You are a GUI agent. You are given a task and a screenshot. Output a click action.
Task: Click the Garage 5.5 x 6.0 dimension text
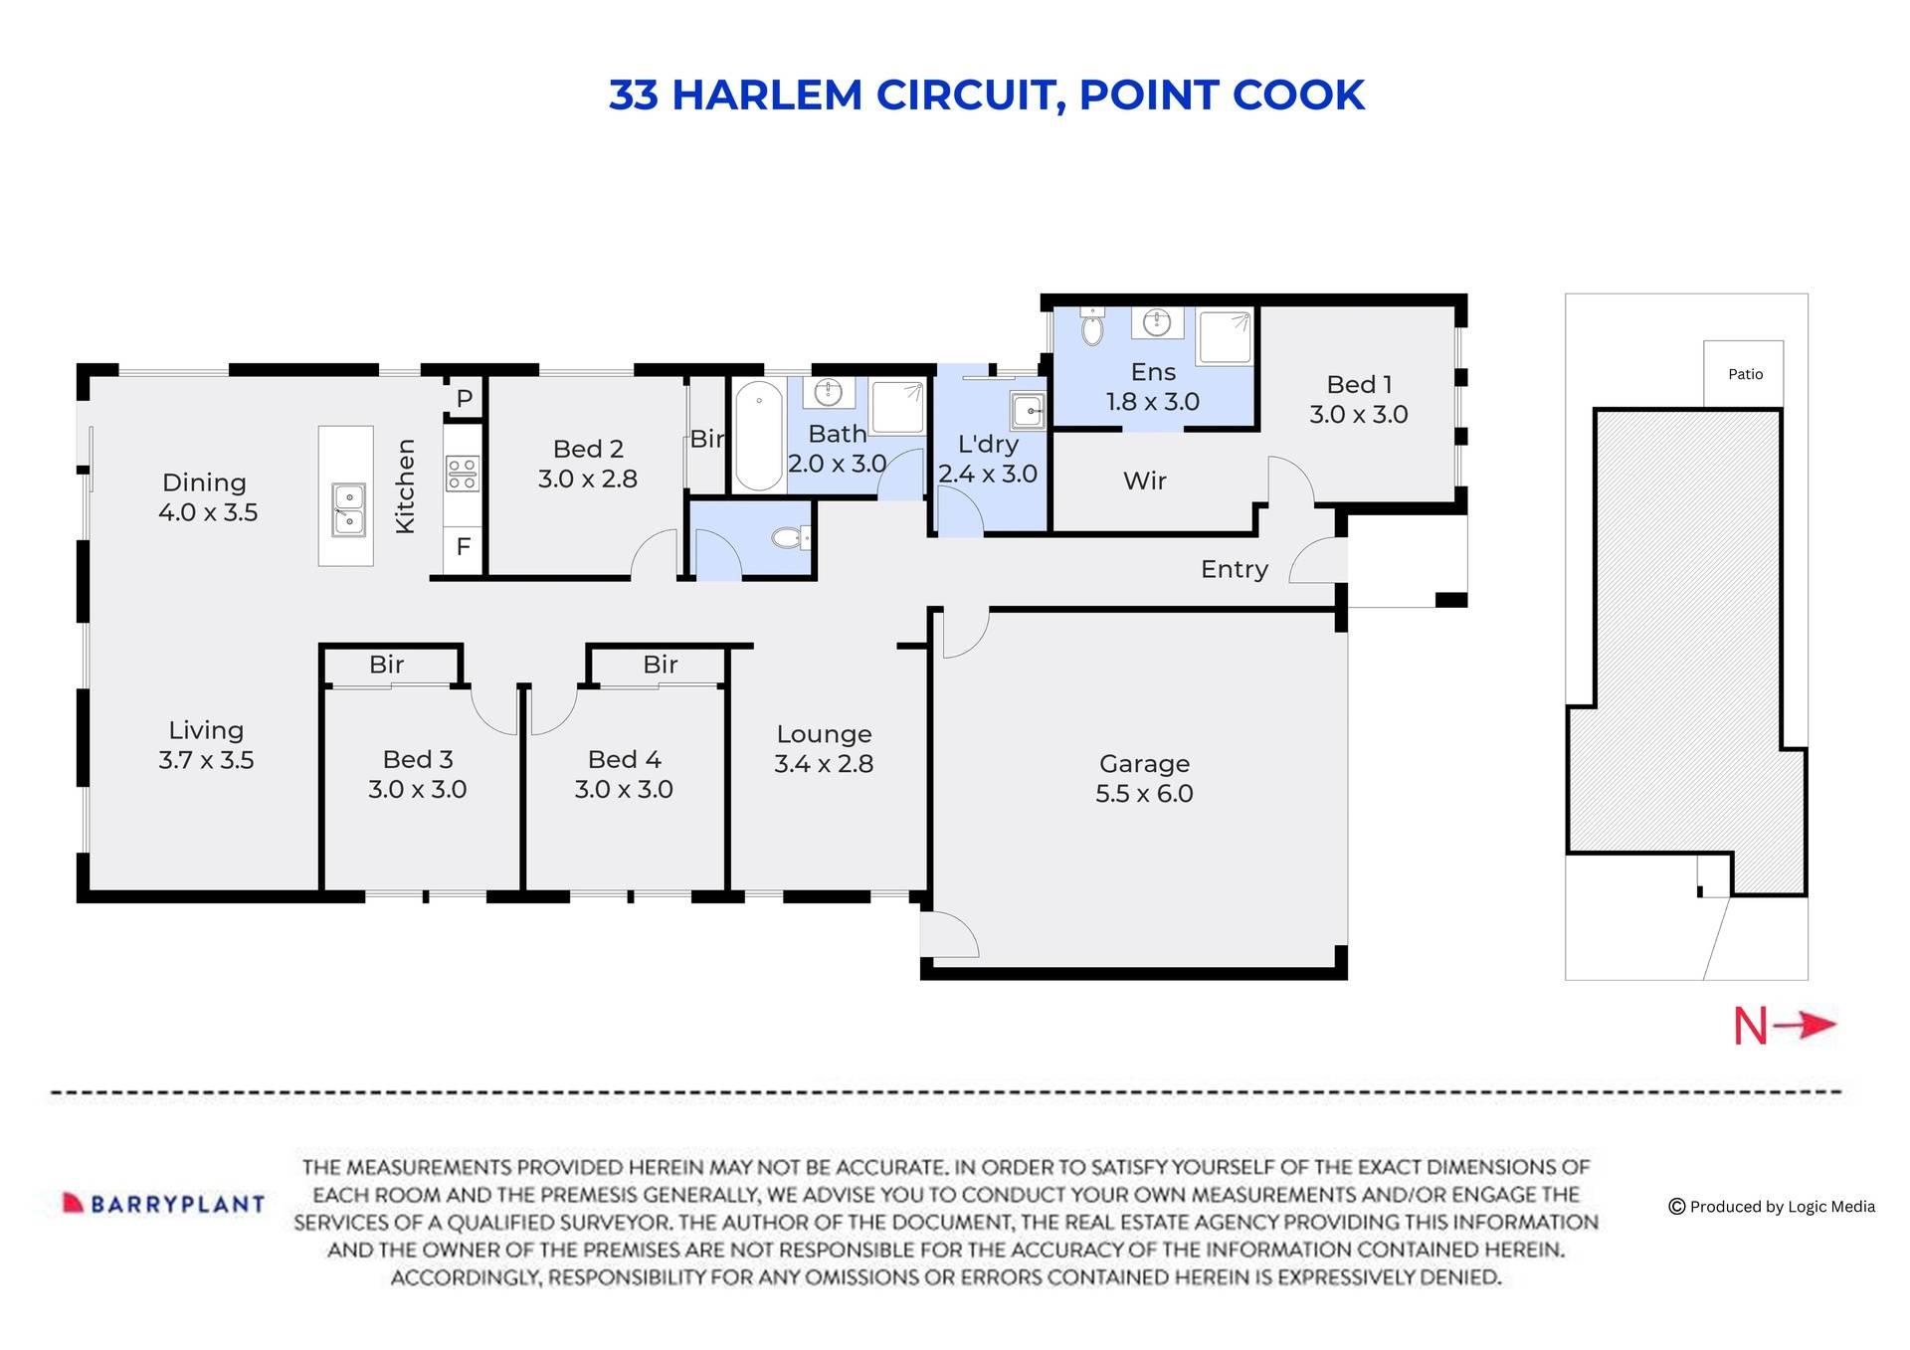[1144, 794]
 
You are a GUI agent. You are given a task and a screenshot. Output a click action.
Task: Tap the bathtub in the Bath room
[759, 436]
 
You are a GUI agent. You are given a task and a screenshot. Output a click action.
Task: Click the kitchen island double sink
[348, 509]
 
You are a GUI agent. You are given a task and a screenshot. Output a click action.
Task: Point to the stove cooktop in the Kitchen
[462, 474]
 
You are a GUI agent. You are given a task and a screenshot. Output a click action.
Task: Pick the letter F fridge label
[463, 547]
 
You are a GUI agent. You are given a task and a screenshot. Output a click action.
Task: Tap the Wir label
[1144, 482]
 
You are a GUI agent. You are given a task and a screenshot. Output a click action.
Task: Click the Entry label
[1234, 570]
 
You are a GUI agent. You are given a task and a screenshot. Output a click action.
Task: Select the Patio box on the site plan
[1744, 374]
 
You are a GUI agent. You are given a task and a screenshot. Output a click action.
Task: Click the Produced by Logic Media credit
[1772, 1207]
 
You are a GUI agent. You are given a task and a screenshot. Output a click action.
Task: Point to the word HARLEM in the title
[767, 96]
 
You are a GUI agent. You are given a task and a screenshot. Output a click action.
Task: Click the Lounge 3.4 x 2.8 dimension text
[824, 764]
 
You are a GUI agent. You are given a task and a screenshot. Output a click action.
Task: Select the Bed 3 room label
[418, 760]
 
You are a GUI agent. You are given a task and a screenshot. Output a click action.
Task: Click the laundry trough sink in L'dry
[1027, 410]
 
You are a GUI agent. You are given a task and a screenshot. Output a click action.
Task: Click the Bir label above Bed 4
[660, 665]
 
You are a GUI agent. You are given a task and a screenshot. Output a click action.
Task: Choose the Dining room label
[204, 483]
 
